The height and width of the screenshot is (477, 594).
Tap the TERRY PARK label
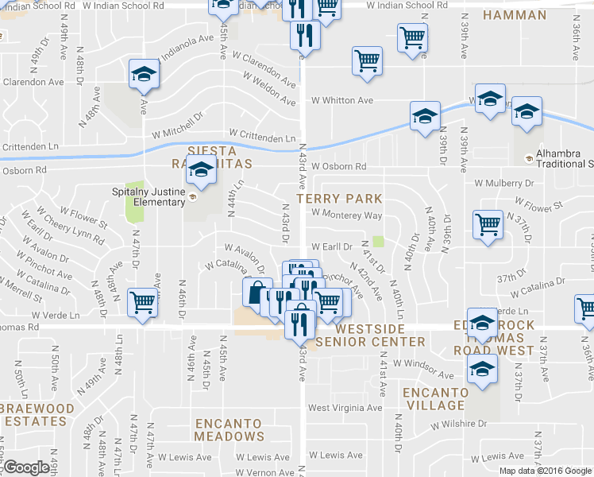[339, 198]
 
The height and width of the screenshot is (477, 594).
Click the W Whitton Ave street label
[342, 100]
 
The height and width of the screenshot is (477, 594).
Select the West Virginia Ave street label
[345, 408]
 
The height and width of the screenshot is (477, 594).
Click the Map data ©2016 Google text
[545, 470]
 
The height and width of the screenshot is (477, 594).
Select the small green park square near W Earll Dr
[378, 242]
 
